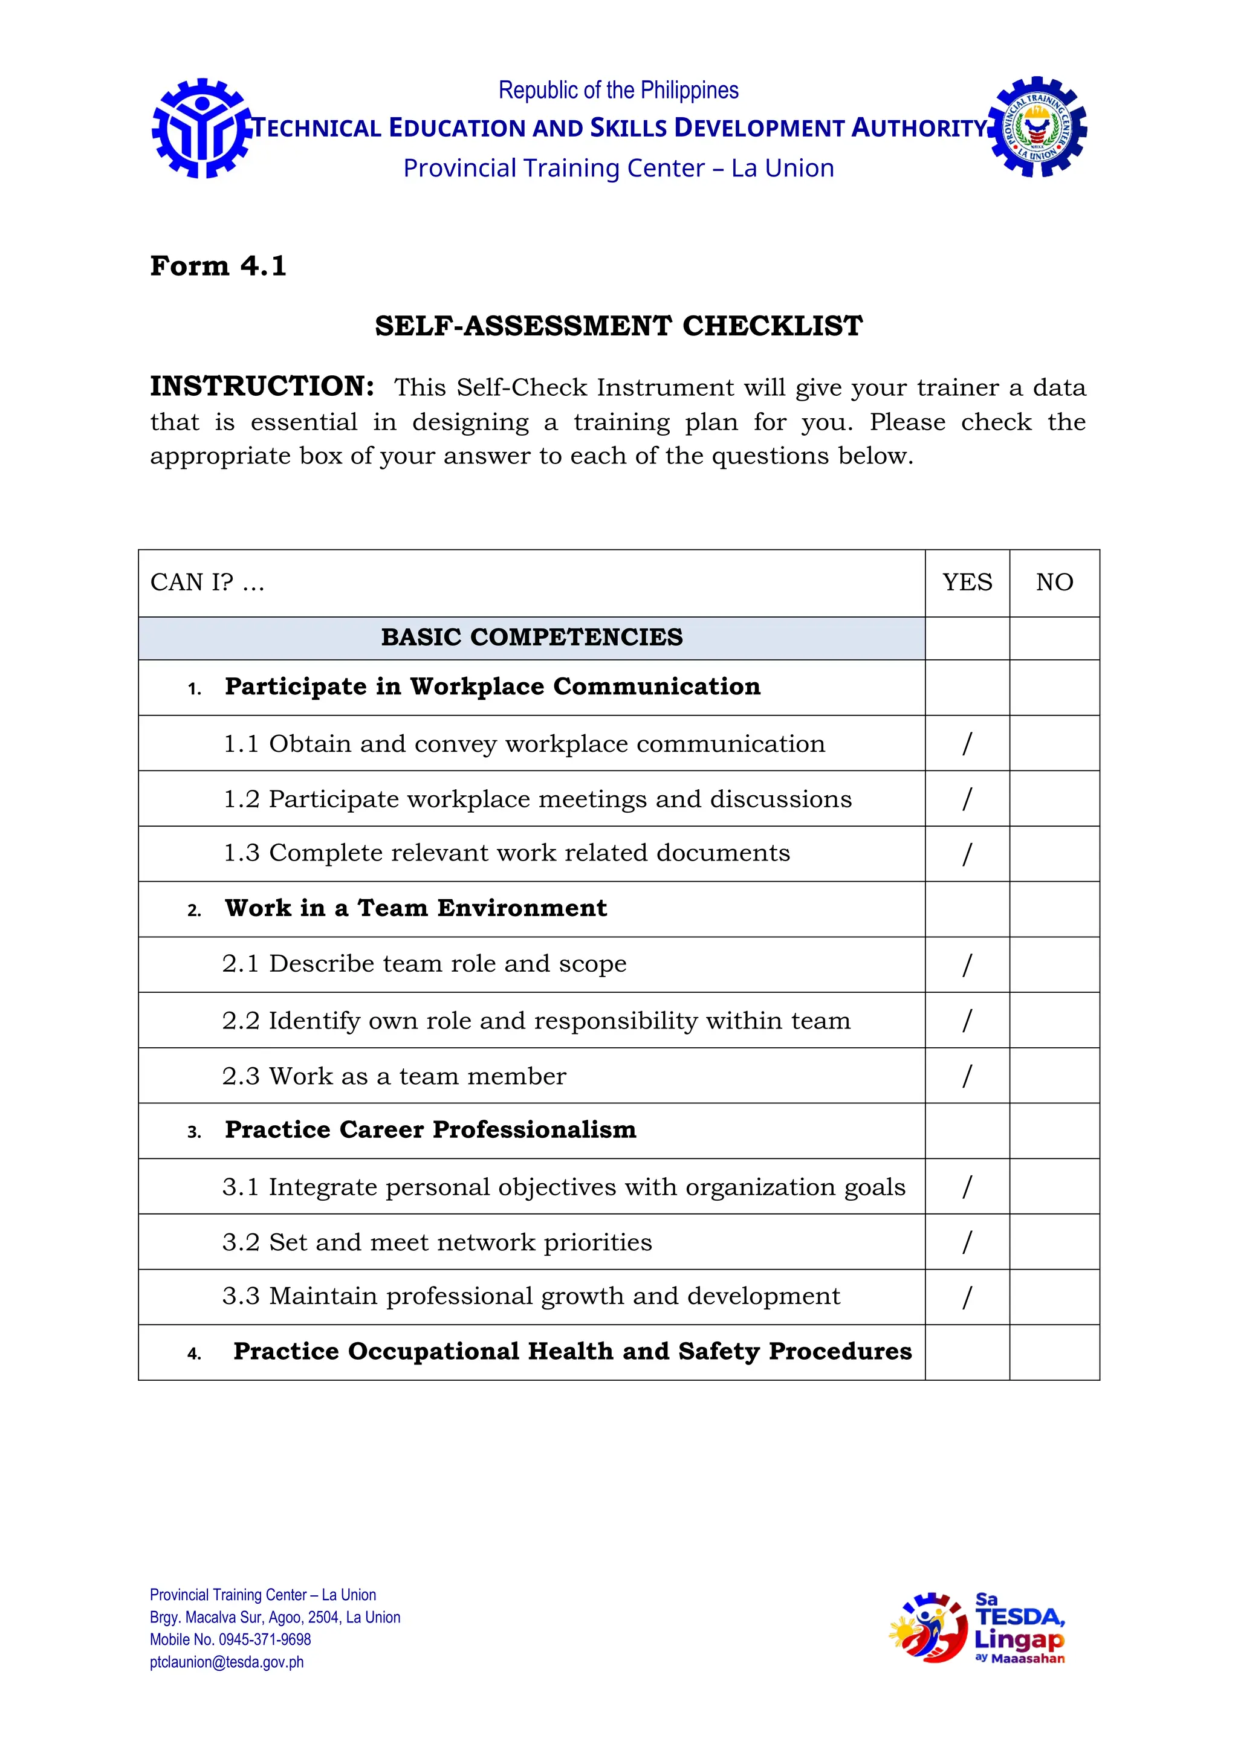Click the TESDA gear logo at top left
point(201,128)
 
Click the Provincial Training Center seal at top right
point(1037,128)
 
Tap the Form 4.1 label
point(218,266)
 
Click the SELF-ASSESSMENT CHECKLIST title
point(618,326)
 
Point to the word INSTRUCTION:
point(262,386)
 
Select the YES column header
point(967,583)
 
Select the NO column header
point(1054,583)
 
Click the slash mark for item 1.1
point(967,743)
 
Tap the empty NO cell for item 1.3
point(1054,854)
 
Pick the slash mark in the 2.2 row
point(967,1020)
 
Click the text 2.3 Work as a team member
point(394,1076)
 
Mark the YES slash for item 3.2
point(967,1242)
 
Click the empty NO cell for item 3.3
point(1054,1297)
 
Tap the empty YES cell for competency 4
point(967,1352)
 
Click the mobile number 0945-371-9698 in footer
point(265,1639)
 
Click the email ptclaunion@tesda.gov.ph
point(227,1662)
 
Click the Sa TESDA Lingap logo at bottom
point(977,1628)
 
